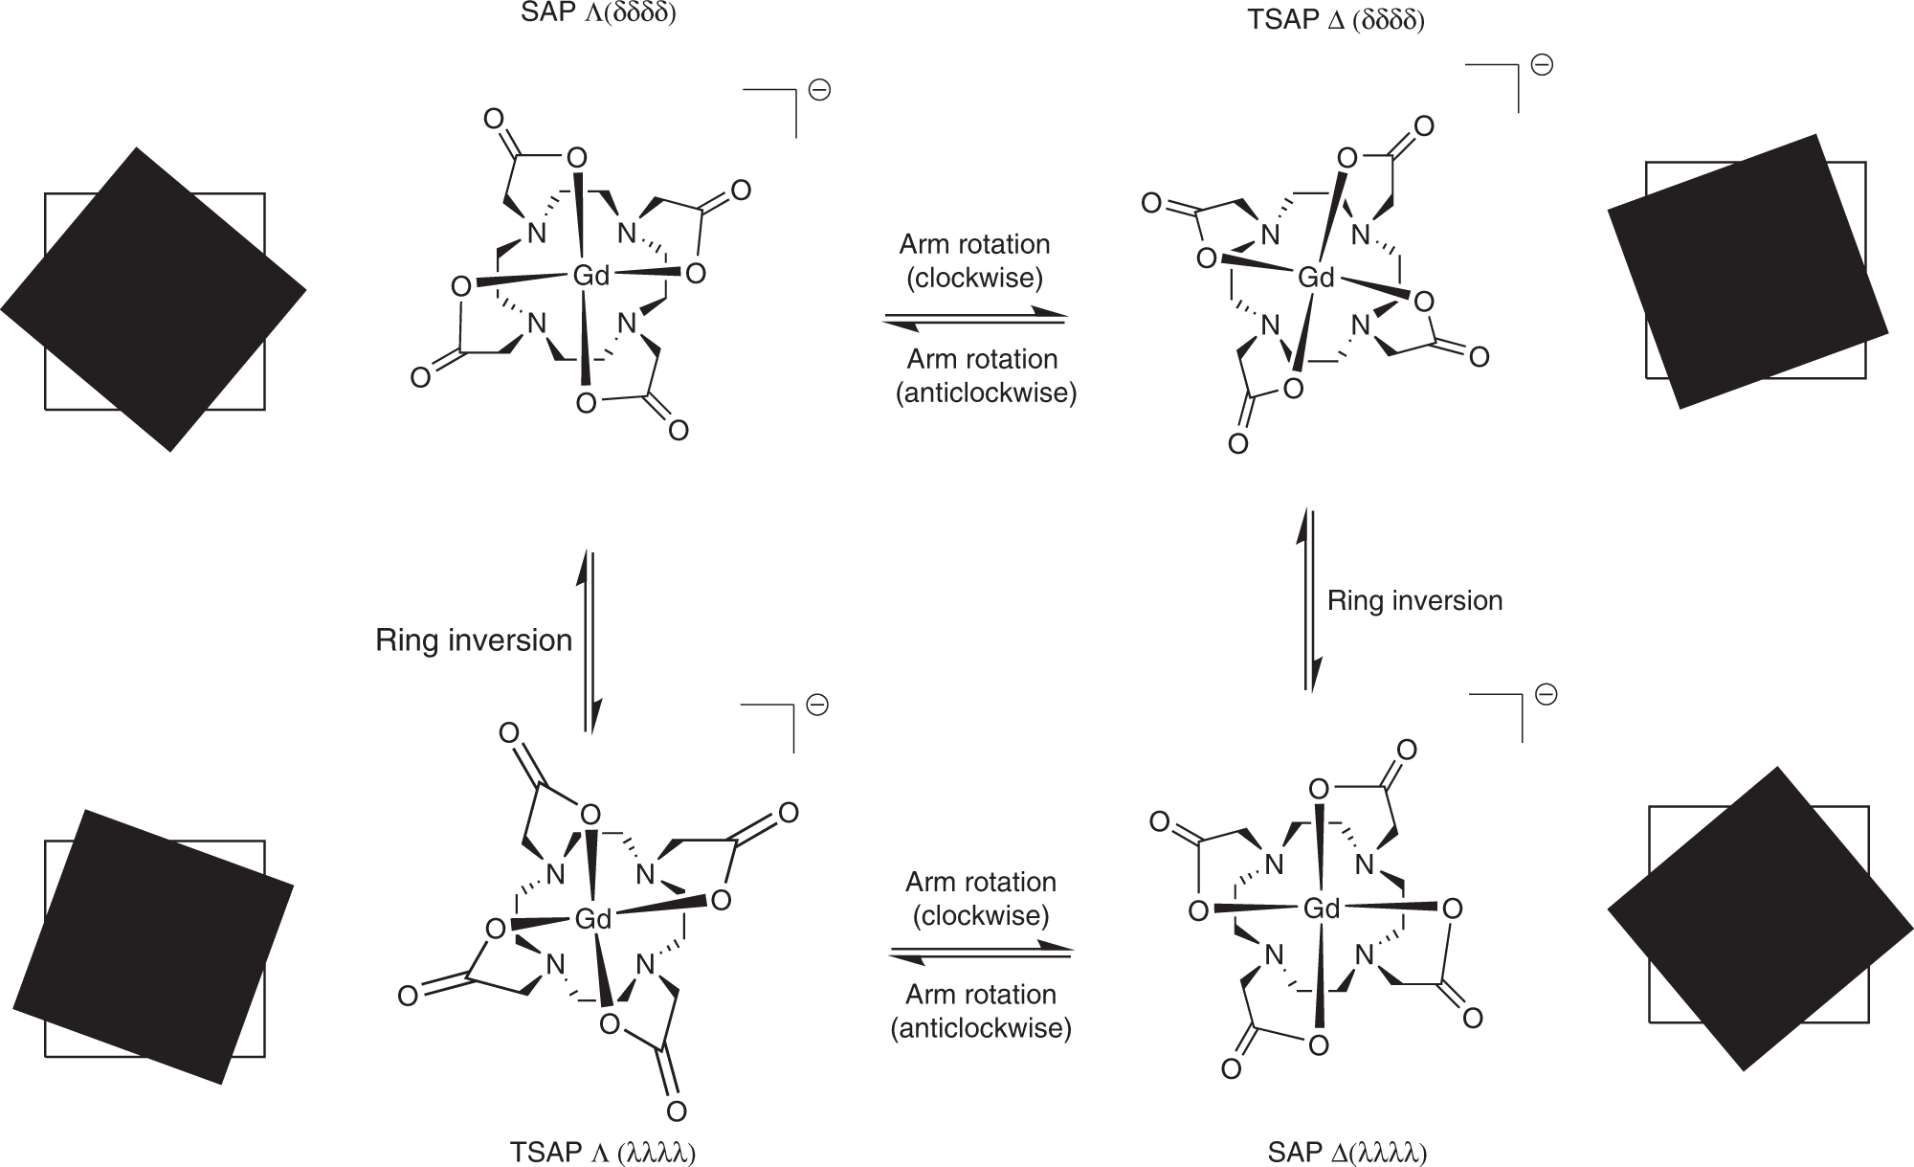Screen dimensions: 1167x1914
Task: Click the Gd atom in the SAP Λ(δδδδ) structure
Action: point(590,276)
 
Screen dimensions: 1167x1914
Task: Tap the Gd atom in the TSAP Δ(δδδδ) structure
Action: point(1316,278)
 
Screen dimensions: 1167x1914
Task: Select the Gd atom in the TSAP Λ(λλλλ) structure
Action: point(592,920)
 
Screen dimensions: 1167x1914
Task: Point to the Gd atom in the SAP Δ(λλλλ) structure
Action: point(1322,908)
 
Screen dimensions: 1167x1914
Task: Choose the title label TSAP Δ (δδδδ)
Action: point(1336,20)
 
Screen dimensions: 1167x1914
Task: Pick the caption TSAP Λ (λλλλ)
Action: point(602,1153)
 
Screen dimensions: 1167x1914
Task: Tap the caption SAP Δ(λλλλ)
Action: point(1347,1153)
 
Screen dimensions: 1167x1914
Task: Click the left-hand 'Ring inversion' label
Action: point(474,640)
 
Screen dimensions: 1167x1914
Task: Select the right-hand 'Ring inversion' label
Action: point(1414,601)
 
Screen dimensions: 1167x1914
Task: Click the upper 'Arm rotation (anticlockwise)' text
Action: point(985,376)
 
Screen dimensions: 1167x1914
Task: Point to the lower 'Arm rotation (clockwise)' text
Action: point(981,898)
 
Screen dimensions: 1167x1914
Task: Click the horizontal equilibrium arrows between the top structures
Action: point(974,319)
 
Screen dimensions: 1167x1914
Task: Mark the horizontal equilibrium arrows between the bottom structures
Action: point(981,954)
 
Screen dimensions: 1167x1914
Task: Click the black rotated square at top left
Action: point(153,299)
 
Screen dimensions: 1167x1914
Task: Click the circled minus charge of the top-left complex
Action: point(819,91)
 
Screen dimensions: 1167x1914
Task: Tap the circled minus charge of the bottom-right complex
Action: point(1546,694)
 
